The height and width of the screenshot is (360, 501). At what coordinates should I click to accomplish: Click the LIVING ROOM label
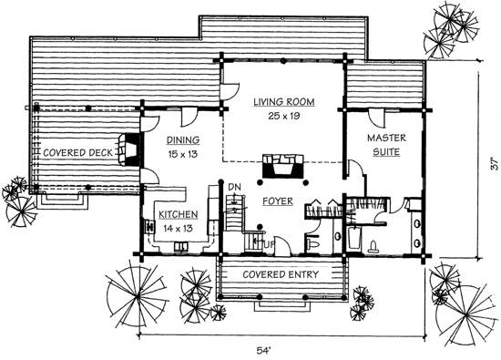coord(284,102)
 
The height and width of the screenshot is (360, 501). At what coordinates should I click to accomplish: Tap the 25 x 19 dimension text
coord(284,116)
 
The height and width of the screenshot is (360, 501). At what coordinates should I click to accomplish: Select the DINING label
coord(183,140)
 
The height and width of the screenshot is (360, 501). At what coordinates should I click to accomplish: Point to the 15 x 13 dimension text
coord(183,154)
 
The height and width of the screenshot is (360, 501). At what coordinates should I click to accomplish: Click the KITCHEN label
coord(179,214)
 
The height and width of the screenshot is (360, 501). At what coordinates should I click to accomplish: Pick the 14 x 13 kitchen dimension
coord(179,228)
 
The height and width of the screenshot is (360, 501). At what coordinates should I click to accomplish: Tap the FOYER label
coord(278,201)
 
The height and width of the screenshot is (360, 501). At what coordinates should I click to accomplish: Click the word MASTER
coord(386,139)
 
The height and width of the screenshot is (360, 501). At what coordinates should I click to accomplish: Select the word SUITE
coord(386,152)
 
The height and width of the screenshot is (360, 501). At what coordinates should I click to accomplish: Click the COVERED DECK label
coord(78,153)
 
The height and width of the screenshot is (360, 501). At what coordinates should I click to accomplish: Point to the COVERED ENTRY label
coord(281,274)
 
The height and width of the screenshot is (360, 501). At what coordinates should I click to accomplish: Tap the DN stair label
coord(235,187)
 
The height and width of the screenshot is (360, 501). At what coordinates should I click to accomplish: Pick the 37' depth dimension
coord(495,164)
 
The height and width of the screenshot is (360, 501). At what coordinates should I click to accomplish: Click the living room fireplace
coord(282,166)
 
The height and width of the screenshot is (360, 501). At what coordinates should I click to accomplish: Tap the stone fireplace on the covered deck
coord(128,149)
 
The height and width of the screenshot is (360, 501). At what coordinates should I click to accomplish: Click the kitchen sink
coord(181,246)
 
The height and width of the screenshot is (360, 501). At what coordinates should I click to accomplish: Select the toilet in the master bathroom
coord(373,246)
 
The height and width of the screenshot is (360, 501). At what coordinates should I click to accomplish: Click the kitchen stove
coord(149,226)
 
